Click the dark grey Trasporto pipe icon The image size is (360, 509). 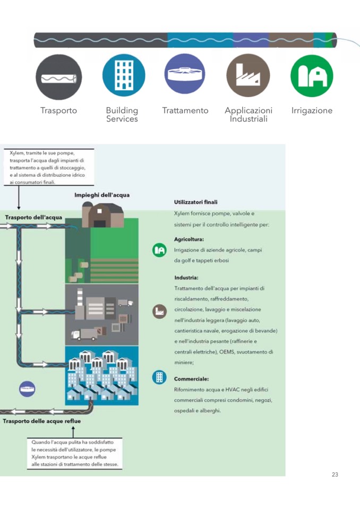pyautogui.click(x=58, y=77)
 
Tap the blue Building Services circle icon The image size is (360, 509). pyautogui.click(x=123, y=75)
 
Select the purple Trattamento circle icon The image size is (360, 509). pyautogui.click(x=185, y=75)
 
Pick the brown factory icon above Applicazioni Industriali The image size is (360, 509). pyautogui.click(x=248, y=75)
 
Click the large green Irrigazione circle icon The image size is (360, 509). pyautogui.click(x=312, y=76)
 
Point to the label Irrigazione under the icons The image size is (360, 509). pyautogui.click(x=312, y=110)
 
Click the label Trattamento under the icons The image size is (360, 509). pyautogui.click(x=185, y=110)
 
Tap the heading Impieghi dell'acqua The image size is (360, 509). pyautogui.click(x=102, y=195)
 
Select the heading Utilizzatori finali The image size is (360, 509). pyautogui.click(x=195, y=202)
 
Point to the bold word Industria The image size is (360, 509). pyautogui.click(x=186, y=278)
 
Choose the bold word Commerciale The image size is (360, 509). pyautogui.click(x=191, y=379)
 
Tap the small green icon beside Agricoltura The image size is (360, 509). pyautogui.click(x=159, y=249)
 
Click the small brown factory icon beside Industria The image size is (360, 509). pyautogui.click(x=159, y=311)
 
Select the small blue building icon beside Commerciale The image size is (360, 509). pyautogui.click(x=159, y=377)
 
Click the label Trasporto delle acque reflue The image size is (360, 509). pyautogui.click(x=42, y=421)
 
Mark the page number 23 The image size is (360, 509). pyautogui.click(x=335, y=475)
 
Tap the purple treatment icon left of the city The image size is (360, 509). pyautogui.click(x=28, y=389)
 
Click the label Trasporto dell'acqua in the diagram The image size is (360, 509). pyautogui.click(x=33, y=217)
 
